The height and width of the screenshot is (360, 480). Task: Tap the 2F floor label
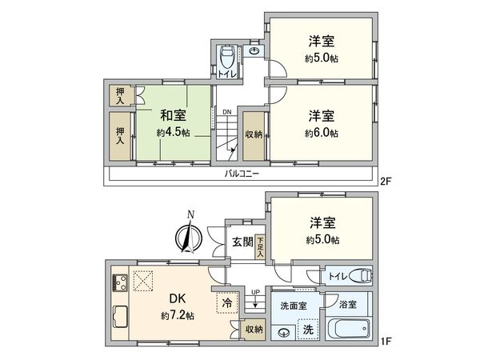pos(387,182)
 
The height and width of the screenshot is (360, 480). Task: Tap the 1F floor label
pos(387,341)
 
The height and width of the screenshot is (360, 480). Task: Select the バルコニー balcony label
pos(240,173)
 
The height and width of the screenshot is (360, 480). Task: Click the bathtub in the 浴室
pos(349,328)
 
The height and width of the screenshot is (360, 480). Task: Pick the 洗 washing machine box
pos(307,328)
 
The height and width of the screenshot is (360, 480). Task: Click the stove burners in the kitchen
pos(122,282)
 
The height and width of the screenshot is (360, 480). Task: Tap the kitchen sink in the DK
pos(122,314)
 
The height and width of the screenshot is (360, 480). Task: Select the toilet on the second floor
pos(227,58)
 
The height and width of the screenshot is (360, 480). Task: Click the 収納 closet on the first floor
pos(253,329)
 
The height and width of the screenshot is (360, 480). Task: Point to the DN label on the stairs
pos(227,112)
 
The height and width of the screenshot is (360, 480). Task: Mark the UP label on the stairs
pos(254,293)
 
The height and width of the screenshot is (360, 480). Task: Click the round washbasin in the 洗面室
pos(282,334)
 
